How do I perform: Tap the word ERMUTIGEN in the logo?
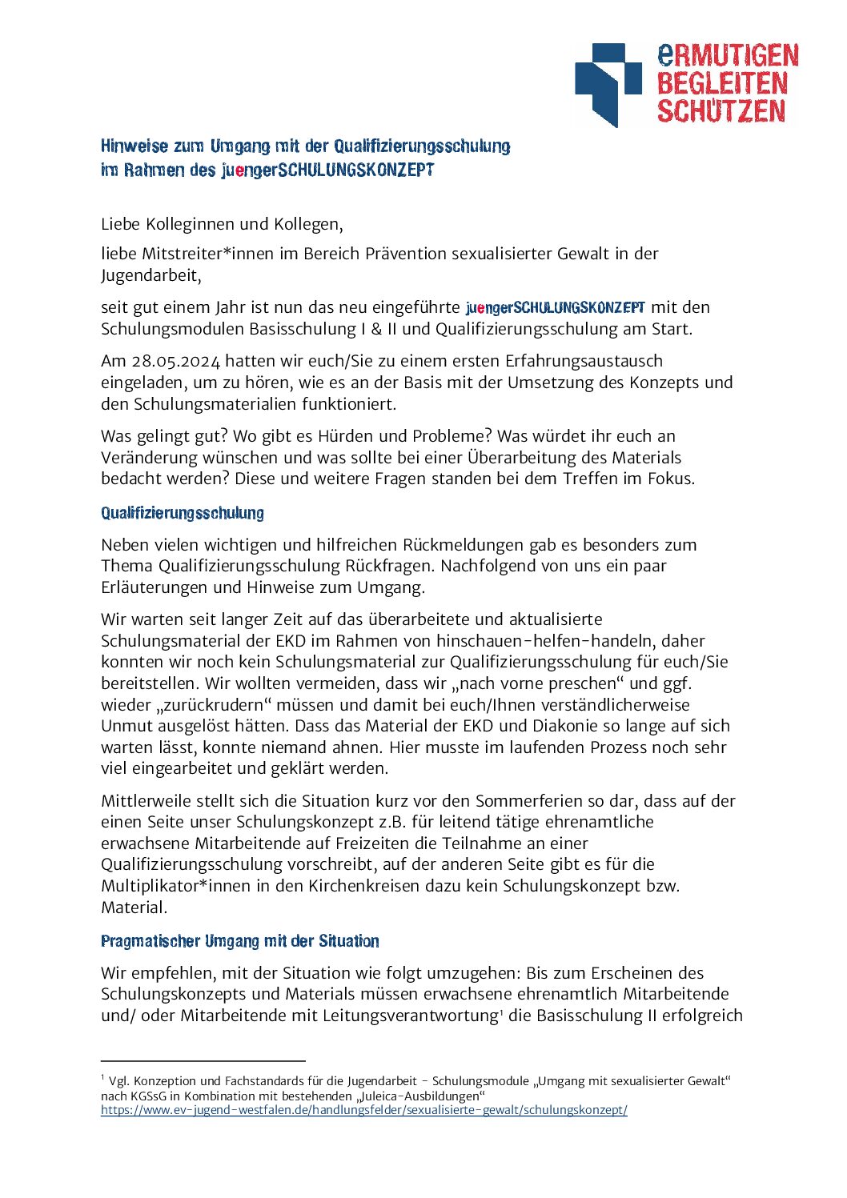[x=728, y=55]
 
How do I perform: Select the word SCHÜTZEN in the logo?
[x=721, y=110]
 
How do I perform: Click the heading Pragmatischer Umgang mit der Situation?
[x=240, y=941]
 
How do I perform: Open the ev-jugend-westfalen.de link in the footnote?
[x=363, y=1110]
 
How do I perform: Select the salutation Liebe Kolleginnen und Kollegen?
[x=222, y=224]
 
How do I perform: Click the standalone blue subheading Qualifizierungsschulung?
[x=183, y=513]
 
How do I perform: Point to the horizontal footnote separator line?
[x=203, y=1060]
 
